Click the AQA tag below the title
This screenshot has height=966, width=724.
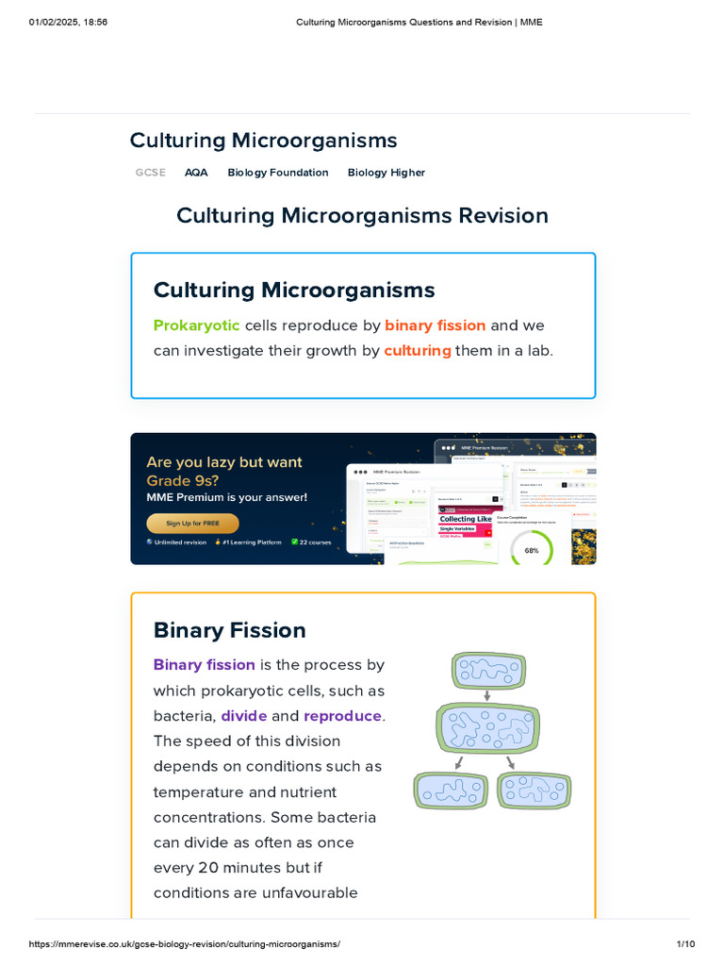196,173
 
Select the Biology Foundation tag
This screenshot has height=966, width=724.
278,173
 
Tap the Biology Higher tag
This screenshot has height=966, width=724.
386,173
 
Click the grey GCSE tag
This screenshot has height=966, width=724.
150,173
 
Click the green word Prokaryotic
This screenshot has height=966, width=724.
196,325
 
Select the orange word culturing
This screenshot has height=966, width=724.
417,350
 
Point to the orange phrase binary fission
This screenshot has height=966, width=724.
435,325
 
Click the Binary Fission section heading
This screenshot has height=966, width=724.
229,630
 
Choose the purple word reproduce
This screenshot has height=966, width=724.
342,716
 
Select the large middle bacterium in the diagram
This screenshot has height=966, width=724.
488,726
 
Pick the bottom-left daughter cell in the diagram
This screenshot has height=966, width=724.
451,791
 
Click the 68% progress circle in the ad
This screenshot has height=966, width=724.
532,550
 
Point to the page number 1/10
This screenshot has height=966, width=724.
685,944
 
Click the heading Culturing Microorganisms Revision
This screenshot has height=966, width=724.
362,215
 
